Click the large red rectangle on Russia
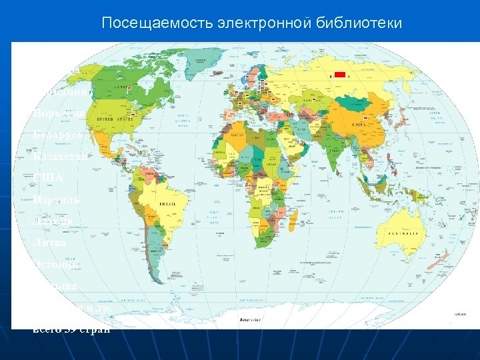click(x=341, y=75)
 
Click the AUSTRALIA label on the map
click(x=405, y=234)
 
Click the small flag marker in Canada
click(x=127, y=88)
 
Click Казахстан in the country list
click(x=61, y=157)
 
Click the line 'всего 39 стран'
click(x=71, y=329)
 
